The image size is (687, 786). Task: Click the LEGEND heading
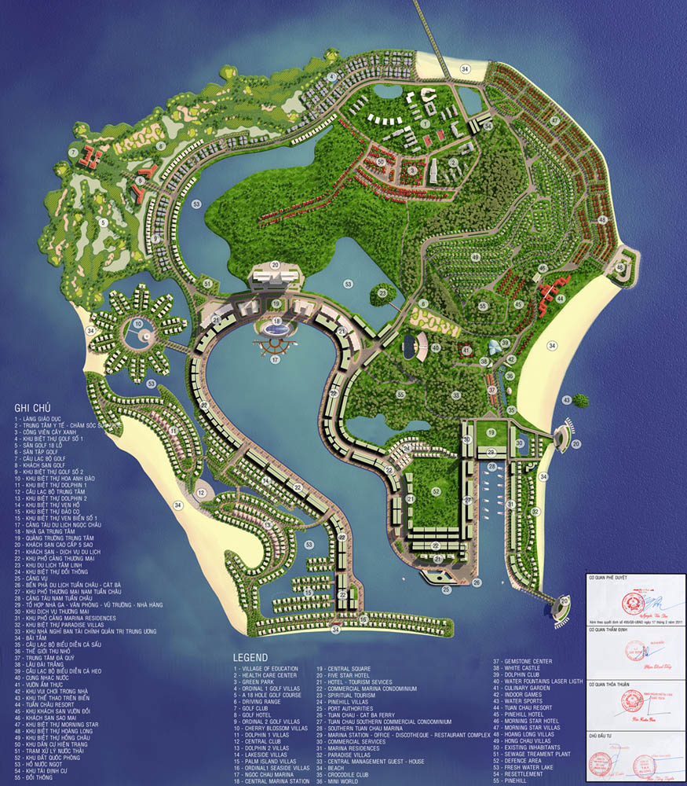coord(250,657)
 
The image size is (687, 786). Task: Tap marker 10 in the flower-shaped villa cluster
coord(137,323)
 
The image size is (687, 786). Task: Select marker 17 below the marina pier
coord(275,360)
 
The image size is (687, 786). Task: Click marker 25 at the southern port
coord(446,589)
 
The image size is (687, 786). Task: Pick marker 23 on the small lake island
coord(382,293)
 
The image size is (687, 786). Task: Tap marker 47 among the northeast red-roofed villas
coord(554,120)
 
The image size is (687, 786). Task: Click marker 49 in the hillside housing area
coord(475,256)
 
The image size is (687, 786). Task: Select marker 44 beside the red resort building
coord(560,299)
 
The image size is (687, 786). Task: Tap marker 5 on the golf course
coord(102,222)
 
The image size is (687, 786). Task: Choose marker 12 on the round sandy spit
coord(202,493)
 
